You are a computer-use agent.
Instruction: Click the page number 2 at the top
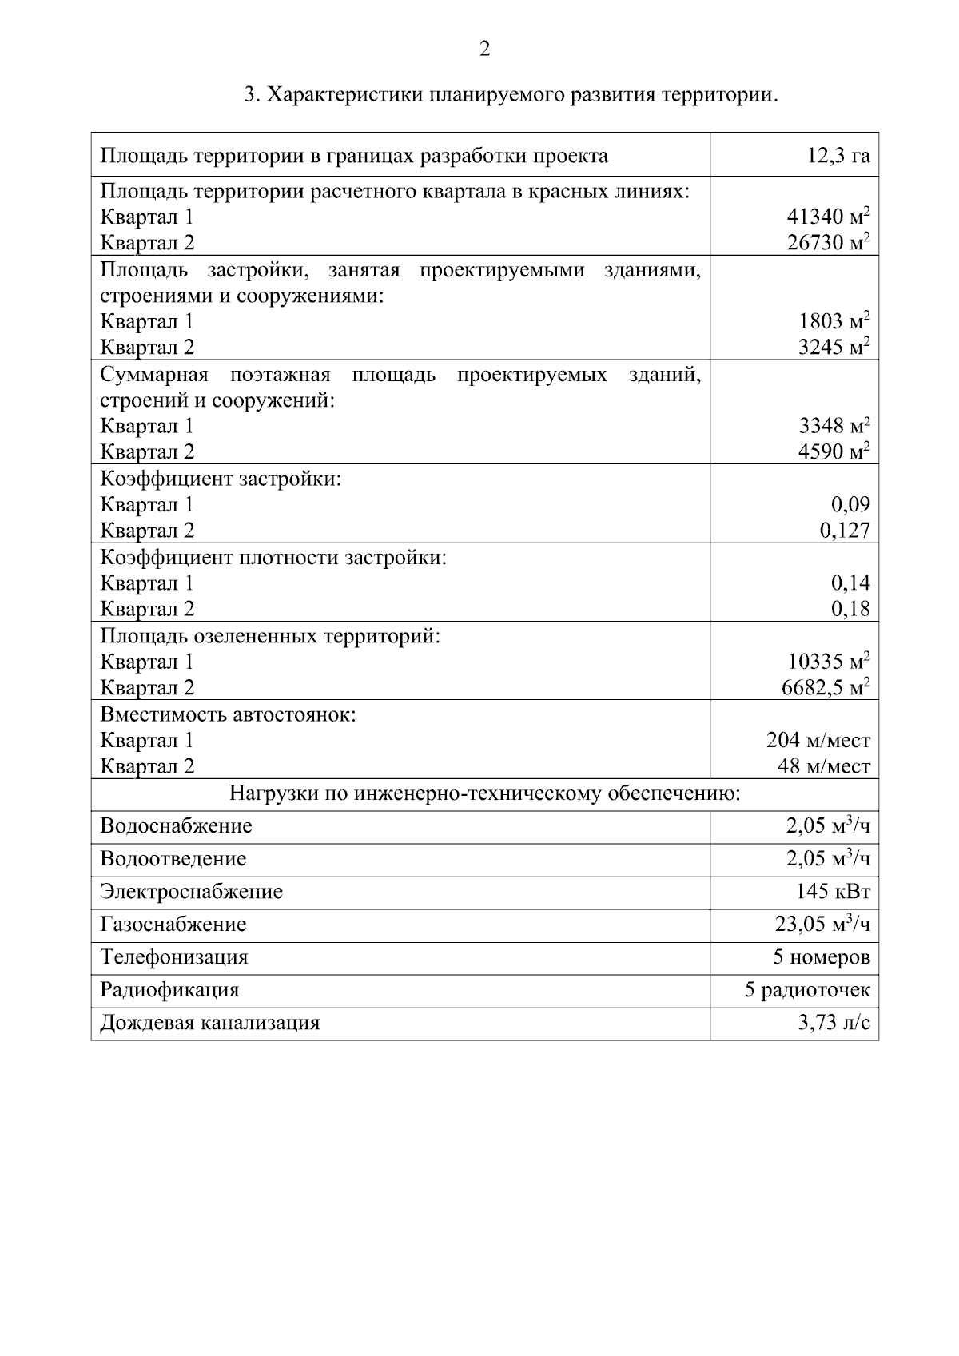pos(484,50)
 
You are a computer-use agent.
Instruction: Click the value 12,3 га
pos(838,156)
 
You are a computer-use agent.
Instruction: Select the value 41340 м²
pos(828,217)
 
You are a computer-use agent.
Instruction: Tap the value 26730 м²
pos(828,243)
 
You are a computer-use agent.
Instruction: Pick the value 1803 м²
pos(834,321)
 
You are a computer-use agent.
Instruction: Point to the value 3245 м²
pos(834,348)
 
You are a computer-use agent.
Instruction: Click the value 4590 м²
pos(834,452)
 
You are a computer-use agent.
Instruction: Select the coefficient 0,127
pos(845,531)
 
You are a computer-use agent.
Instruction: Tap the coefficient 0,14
pos(850,583)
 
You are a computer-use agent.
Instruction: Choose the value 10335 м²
pos(828,662)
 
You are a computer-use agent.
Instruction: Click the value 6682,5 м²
pos(825,688)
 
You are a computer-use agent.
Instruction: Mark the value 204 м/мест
pos(818,741)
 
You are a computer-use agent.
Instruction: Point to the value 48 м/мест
pos(823,767)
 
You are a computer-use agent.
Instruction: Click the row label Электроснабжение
pos(191,892)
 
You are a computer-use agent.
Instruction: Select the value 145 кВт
pos(832,892)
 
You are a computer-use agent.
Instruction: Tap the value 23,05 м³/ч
pos(822,925)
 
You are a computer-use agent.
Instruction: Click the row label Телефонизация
pos(173,957)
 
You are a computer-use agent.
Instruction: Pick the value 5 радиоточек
pos(806,991)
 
